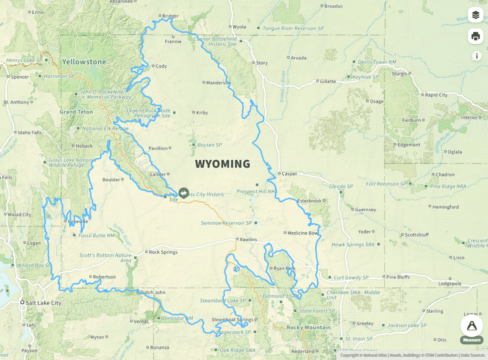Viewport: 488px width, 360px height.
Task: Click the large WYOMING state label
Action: pos(222,164)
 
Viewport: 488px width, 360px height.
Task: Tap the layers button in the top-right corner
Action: pos(475,15)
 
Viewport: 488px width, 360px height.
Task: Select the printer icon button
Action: pos(475,36)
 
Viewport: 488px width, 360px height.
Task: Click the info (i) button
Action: pos(476,56)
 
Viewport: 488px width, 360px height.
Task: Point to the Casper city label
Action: pos(289,174)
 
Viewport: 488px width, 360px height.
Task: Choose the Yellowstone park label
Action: pos(84,62)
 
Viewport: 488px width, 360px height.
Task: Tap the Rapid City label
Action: pos(436,95)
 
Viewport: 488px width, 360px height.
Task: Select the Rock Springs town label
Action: pos(163,252)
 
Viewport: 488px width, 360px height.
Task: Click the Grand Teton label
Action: pos(75,112)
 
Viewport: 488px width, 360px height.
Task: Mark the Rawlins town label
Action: pos(249,239)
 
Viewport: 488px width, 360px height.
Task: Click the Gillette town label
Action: pos(328,82)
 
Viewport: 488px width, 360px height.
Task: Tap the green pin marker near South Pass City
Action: pos(184,193)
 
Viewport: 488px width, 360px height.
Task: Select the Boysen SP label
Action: pos(210,144)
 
